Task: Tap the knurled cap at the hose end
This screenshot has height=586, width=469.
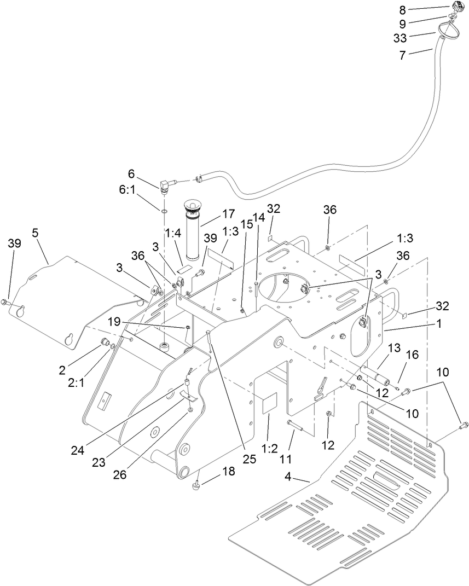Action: [458, 8]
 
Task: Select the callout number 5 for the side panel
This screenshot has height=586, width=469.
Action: [36, 233]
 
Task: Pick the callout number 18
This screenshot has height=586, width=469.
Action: [229, 472]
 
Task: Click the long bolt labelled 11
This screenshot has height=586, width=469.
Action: [295, 425]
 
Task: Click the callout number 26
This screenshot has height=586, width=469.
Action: [119, 475]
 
